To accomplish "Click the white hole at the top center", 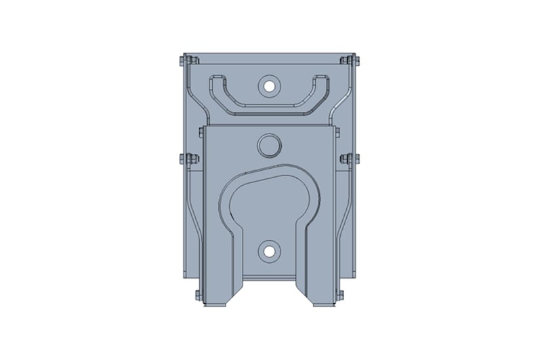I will pos(270,86).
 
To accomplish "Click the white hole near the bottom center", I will pos(270,252).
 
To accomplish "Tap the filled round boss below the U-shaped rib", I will pos(269,145).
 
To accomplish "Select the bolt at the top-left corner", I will pos(184,61).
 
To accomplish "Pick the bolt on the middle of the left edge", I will pos(188,160).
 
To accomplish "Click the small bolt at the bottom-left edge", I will pos(198,295).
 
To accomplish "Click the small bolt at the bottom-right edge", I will pos(340,294).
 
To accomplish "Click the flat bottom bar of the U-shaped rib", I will pos(269,110).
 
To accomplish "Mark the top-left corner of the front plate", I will pos(203,127).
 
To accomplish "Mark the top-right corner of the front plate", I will pos(335,127).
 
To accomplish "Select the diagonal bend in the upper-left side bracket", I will pos(196,102).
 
